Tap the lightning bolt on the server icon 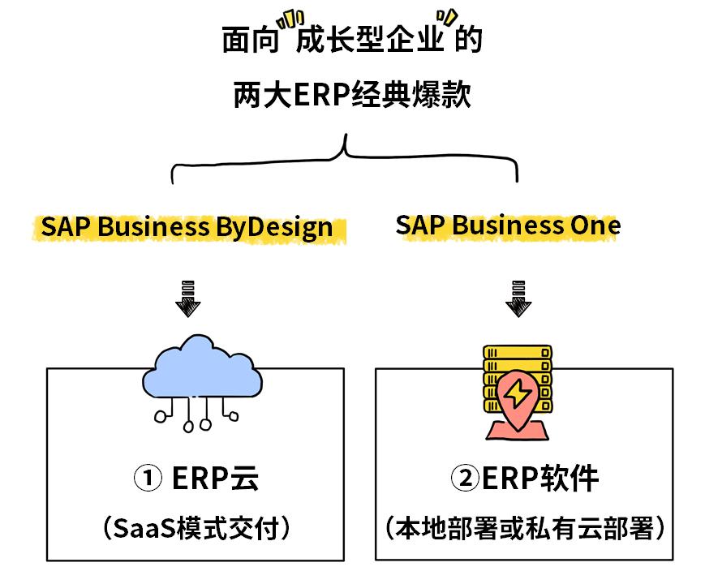[x=516, y=394]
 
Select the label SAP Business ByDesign [x=187, y=227]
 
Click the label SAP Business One [x=508, y=225]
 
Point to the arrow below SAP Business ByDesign [x=188, y=299]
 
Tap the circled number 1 [x=148, y=479]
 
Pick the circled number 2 [x=466, y=479]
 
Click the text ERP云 [x=216, y=479]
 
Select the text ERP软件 [x=540, y=479]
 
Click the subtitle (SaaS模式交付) [x=196, y=529]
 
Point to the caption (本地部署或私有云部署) [x=525, y=529]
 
